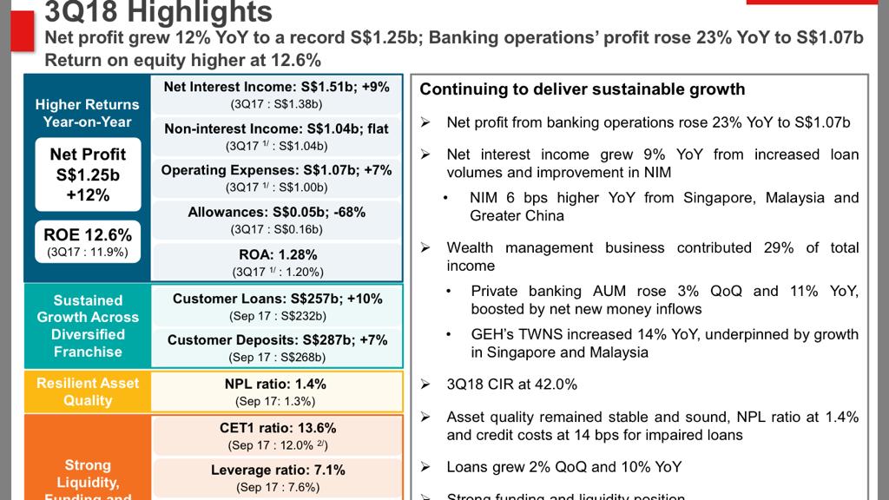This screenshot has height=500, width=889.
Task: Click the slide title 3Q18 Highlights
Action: [158, 12]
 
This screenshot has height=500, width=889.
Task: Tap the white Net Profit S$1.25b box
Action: [88, 174]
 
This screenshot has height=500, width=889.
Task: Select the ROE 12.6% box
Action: [88, 241]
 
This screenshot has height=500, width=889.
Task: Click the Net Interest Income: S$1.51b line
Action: [277, 87]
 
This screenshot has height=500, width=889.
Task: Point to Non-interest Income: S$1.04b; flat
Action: [277, 128]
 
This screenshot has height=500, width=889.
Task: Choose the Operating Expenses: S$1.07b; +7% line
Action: [277, 170]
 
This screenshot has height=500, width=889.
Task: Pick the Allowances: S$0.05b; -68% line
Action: [277, 212]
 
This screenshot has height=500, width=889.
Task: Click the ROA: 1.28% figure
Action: [277, 255]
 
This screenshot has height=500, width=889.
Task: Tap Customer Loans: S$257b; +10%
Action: [277, 299]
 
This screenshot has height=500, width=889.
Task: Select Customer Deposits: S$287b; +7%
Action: [277, 340]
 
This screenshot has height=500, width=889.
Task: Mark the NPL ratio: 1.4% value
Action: [277, 384]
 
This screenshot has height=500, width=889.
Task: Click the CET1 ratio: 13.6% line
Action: [277, 428]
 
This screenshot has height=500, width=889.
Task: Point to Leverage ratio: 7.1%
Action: [277, 470]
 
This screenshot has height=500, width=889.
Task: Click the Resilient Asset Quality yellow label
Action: [88, 391]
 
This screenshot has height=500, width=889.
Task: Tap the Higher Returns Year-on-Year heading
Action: [88, 113]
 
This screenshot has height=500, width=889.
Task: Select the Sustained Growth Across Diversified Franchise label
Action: [88, 326]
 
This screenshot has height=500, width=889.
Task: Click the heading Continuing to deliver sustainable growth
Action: [583, 89]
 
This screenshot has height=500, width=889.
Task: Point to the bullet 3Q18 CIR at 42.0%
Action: [511, 384]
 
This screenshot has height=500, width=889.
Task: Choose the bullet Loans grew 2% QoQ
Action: [563, 467]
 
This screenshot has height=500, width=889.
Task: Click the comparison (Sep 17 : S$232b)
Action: [277, 316]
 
